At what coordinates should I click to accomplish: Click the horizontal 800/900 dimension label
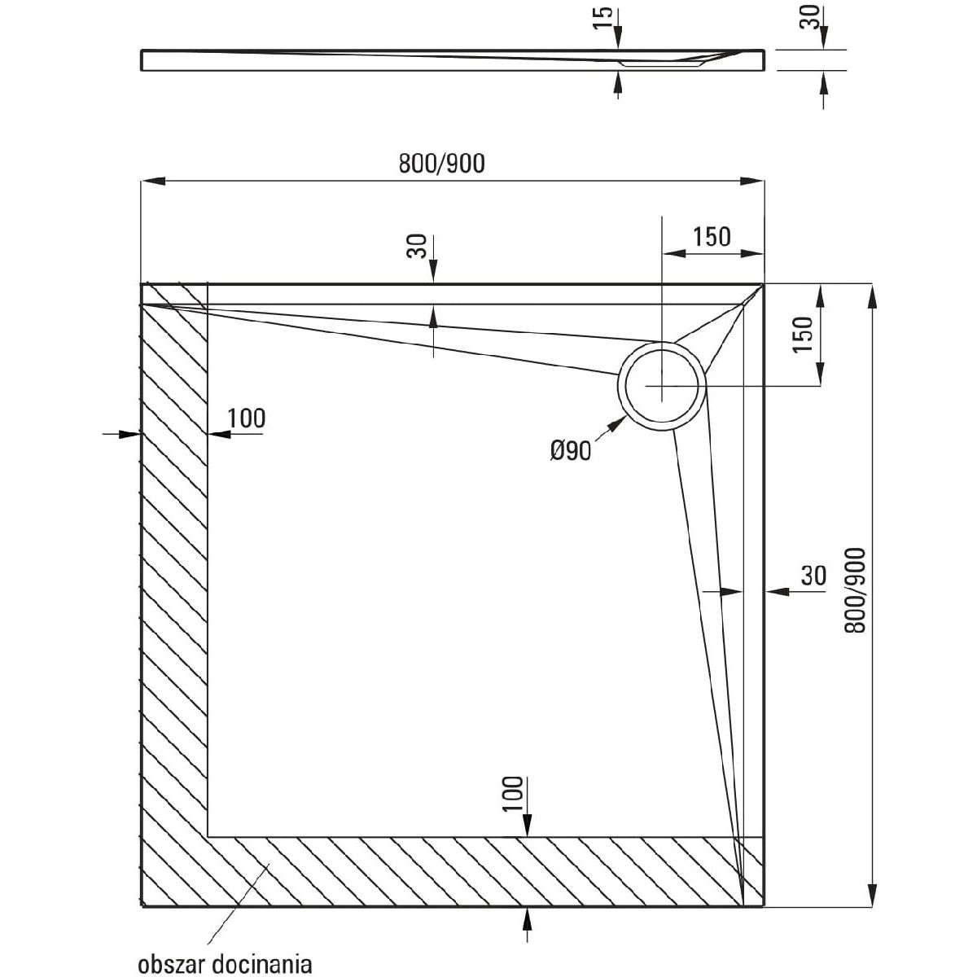coord(441,164)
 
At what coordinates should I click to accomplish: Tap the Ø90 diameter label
coord(571,449)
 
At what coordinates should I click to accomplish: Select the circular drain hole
coord(662,385)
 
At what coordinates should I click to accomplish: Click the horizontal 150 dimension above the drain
coord(712,237)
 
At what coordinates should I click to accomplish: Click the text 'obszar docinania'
coord(225,965)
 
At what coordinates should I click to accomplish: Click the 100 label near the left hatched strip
coord(246,418)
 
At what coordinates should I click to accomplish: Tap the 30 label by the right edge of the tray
coord(813,576)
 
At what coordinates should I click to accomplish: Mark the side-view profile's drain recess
coord(659,62)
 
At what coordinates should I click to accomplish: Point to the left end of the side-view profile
coord(144,60)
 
